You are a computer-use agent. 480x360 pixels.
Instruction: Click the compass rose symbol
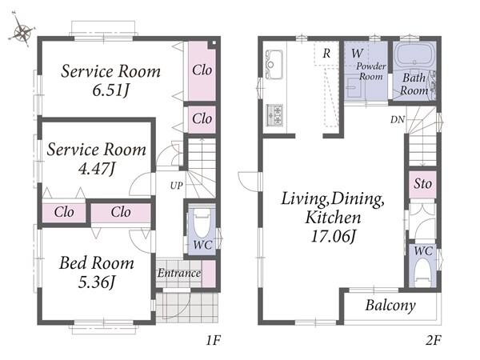pyautogui.click(x=22, y=30)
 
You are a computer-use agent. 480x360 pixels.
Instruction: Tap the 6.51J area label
pyautogui.click(x=111, y=90)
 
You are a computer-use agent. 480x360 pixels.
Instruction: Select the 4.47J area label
pyautogui.click(x=97, y=169)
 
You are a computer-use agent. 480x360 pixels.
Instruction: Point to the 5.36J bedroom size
pyautogui.click(x=97, y=282)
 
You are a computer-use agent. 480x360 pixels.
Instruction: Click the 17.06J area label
pyautogui.click(x=334, y=236)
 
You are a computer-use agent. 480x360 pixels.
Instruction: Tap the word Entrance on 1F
pyautogui.click(x=179, y=273)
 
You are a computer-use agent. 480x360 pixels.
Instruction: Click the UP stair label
pyautogui.click(x=176, y=186)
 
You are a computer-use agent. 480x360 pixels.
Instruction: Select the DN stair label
pyautogui.click(x=398, y=120)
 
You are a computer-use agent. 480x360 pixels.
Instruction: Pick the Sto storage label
pyautogui.click(x=422, y=184)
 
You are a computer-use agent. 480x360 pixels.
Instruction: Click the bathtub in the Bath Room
pyautogui.click(x=415, y=54)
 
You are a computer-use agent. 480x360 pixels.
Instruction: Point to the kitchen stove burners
pyautogui.click(x=274, y=114)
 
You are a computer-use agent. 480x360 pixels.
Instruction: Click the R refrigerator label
pyautogui.click(x=326, y=54)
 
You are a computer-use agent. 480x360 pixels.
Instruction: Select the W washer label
pyautogui.click(x=357, y=54)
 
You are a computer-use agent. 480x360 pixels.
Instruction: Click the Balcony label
pyautogui.click(x=390, y=306)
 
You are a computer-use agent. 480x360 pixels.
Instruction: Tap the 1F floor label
pyautogui.click(x=213, y=340)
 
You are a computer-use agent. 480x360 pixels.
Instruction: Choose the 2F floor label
pyautogui.click(x=433, y=340)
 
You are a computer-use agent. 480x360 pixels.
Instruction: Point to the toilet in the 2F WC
pyautogui.click(x=422, y=273)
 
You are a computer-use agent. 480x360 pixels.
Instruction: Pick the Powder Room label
pyautogui.click(x=370, y=70)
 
